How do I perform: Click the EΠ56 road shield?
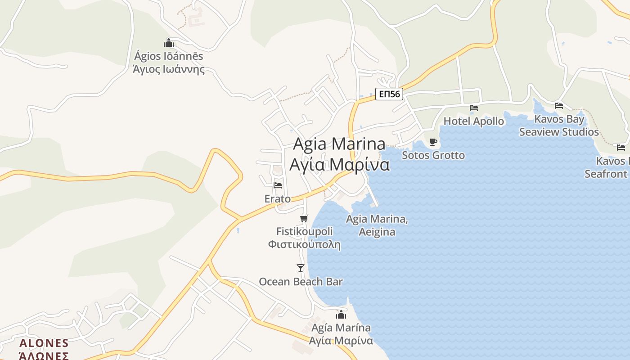pos(389,94)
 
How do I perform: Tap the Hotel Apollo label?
pos(473,121)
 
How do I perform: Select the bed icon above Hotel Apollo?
pos(473,108)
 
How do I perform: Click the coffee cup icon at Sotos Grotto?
pos(433,142)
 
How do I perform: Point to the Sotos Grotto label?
pos(433,155)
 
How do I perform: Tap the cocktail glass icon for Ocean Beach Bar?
pos(301,268)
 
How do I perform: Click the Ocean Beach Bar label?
pos(301,282)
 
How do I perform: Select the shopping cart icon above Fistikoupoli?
pos(304,219)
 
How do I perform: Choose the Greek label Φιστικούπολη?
pos(304,245)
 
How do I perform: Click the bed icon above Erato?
pos(277,185)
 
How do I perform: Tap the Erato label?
pos(277,198)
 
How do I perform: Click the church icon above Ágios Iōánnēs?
pos(169,43)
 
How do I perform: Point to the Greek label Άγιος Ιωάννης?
pos(168,69)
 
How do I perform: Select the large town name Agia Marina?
pos(339,144)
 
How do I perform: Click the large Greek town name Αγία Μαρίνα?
pos(339,165)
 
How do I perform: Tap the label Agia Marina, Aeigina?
pos(377,225)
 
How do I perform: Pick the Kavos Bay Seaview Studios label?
pos(559,126)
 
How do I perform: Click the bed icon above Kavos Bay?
pos(559,106)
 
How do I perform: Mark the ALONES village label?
pos(44,343)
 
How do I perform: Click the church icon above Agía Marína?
pos(341,314)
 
